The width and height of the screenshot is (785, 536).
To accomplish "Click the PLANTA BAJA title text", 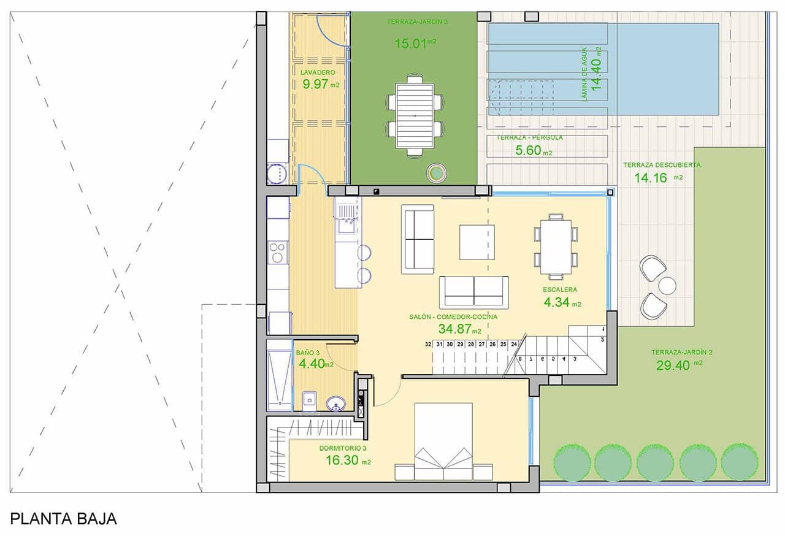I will click(x=64, y=519).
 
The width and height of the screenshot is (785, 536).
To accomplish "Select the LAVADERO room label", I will click(x=318, y=72).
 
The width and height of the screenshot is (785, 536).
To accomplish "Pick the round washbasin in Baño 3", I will click(x=335, y=403).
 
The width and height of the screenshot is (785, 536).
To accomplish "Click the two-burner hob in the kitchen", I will click(x=277, y=253).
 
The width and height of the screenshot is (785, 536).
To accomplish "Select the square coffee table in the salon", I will click(x=477, y=242).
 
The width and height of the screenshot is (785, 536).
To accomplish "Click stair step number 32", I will click(x=427, y=345).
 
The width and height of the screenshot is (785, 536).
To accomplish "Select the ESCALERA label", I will click(x=560, y=289).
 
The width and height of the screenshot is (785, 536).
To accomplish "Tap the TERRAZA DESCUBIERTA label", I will click(x=662, y=165).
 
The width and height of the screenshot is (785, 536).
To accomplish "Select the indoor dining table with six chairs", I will click(x=556, y=247).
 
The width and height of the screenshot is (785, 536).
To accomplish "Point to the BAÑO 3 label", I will click(x=308, y=353).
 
